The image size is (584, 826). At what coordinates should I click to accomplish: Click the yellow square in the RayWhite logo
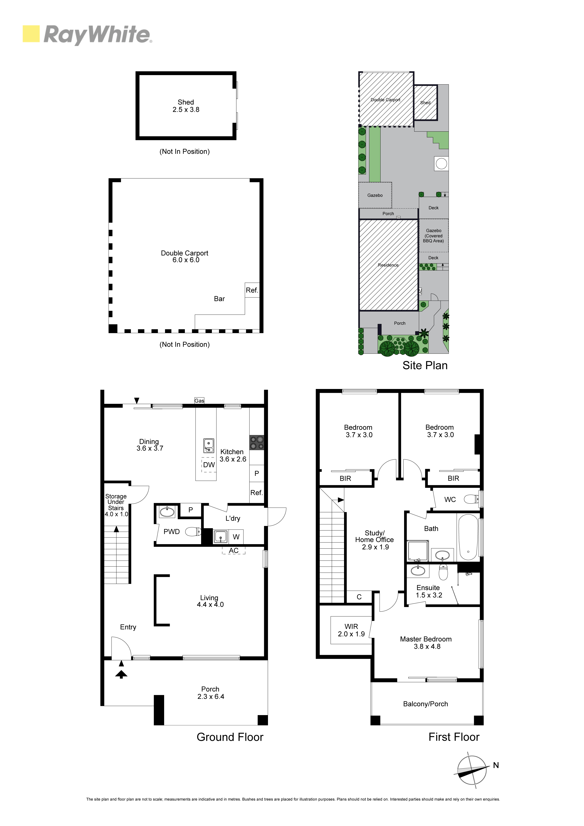[31, 34]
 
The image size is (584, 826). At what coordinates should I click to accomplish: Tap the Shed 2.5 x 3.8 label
[186, 106]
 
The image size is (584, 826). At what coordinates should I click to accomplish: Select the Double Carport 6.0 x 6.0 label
[185, 256]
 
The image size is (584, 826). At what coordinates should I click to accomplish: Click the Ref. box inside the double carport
[252, 290]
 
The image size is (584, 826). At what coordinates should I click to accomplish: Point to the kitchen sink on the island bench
[209, 445]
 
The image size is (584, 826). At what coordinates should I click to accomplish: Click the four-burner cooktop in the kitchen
[256, 442]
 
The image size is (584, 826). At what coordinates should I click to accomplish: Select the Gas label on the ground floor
[199, 401]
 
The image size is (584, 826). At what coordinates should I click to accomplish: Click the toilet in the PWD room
[193, 531]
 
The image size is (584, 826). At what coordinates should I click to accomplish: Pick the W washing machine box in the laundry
[236, 537]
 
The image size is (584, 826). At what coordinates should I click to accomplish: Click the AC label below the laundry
[234, 551]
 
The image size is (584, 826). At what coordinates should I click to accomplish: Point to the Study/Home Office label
[375, 540]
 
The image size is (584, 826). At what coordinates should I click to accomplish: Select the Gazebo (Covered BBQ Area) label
[434, 236]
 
